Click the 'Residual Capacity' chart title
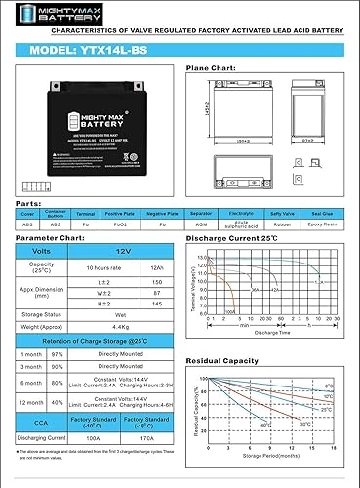(251, 362)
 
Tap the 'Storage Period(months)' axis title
(280, 481)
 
